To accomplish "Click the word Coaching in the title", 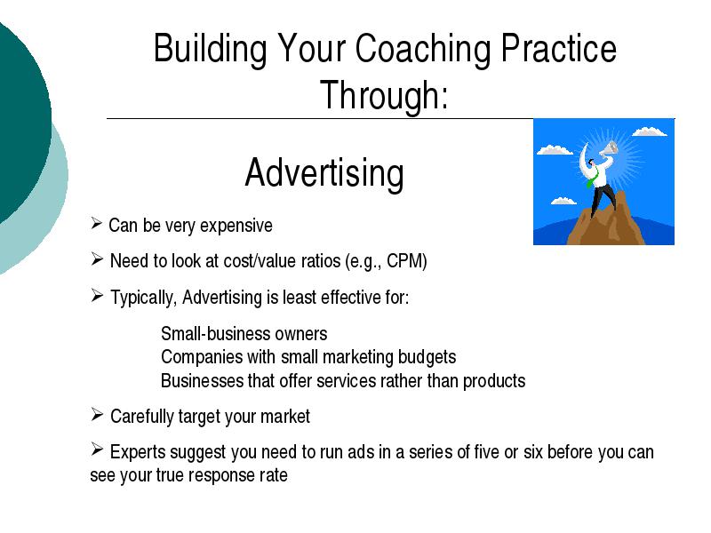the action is pyautogui.click(x=423, y=50).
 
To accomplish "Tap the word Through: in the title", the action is pyautogui.click(x=384, y=96).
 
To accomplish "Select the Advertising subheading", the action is pyautogui.click(x=324, y=174).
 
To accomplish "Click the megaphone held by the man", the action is pyautogui.click(x=609, y=149).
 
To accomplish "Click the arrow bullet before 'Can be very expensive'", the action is pyautogui.click(x=96, y=224).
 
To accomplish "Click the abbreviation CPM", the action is pyautogui.click(x=407, y=261).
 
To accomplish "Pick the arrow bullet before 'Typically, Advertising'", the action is pyautogui.click(x=97, y=296).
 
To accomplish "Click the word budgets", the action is pyautogui.click(x=427, y=358).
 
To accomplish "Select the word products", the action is pyautogui.click(x=494, y=381).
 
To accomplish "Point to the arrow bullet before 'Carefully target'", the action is pyautogui.click(x=97, y=415).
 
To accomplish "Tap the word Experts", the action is pyautogui.click(x=139, y=453).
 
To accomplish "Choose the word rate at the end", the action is pyautogui.click(x=274, y=475).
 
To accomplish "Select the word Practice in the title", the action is pyautogui.click(x=558, y=49).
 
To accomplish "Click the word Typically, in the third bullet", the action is pyautogui.click(x=143, y=298).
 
